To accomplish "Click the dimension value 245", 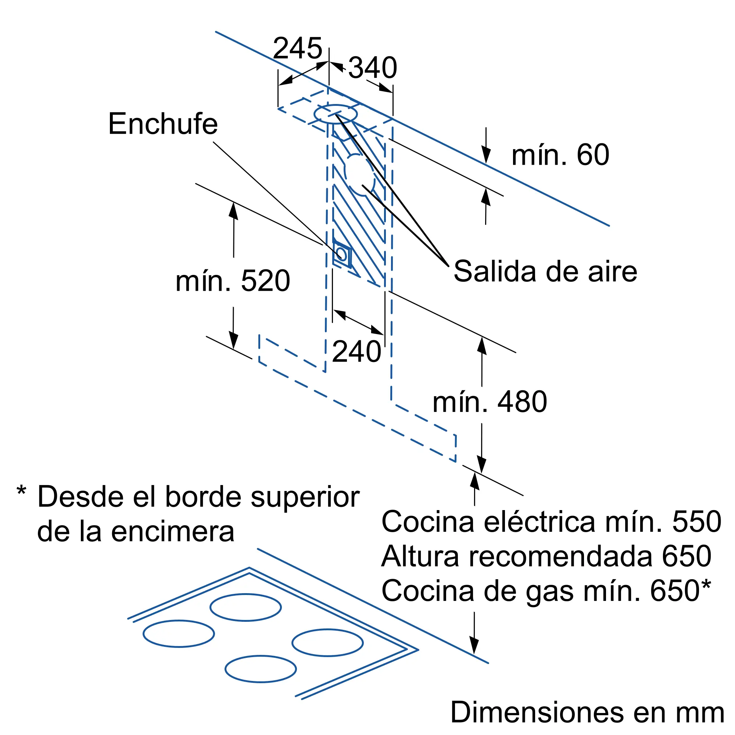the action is [298, 48].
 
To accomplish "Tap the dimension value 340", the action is [373, 68].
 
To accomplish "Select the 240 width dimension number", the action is [356, 352].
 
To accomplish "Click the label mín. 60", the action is [560, 155].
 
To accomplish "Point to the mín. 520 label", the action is [233, 281].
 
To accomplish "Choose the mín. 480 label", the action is [490, 402].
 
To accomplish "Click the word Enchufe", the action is [163, 123].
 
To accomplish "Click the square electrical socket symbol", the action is [342, 254].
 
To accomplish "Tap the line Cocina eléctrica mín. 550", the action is [552, 521].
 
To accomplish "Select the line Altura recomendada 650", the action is [546, 556].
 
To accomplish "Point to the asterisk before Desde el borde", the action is [21, 490].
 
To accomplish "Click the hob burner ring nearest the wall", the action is [246, 607].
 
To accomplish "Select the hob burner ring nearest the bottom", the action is [261, 669].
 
